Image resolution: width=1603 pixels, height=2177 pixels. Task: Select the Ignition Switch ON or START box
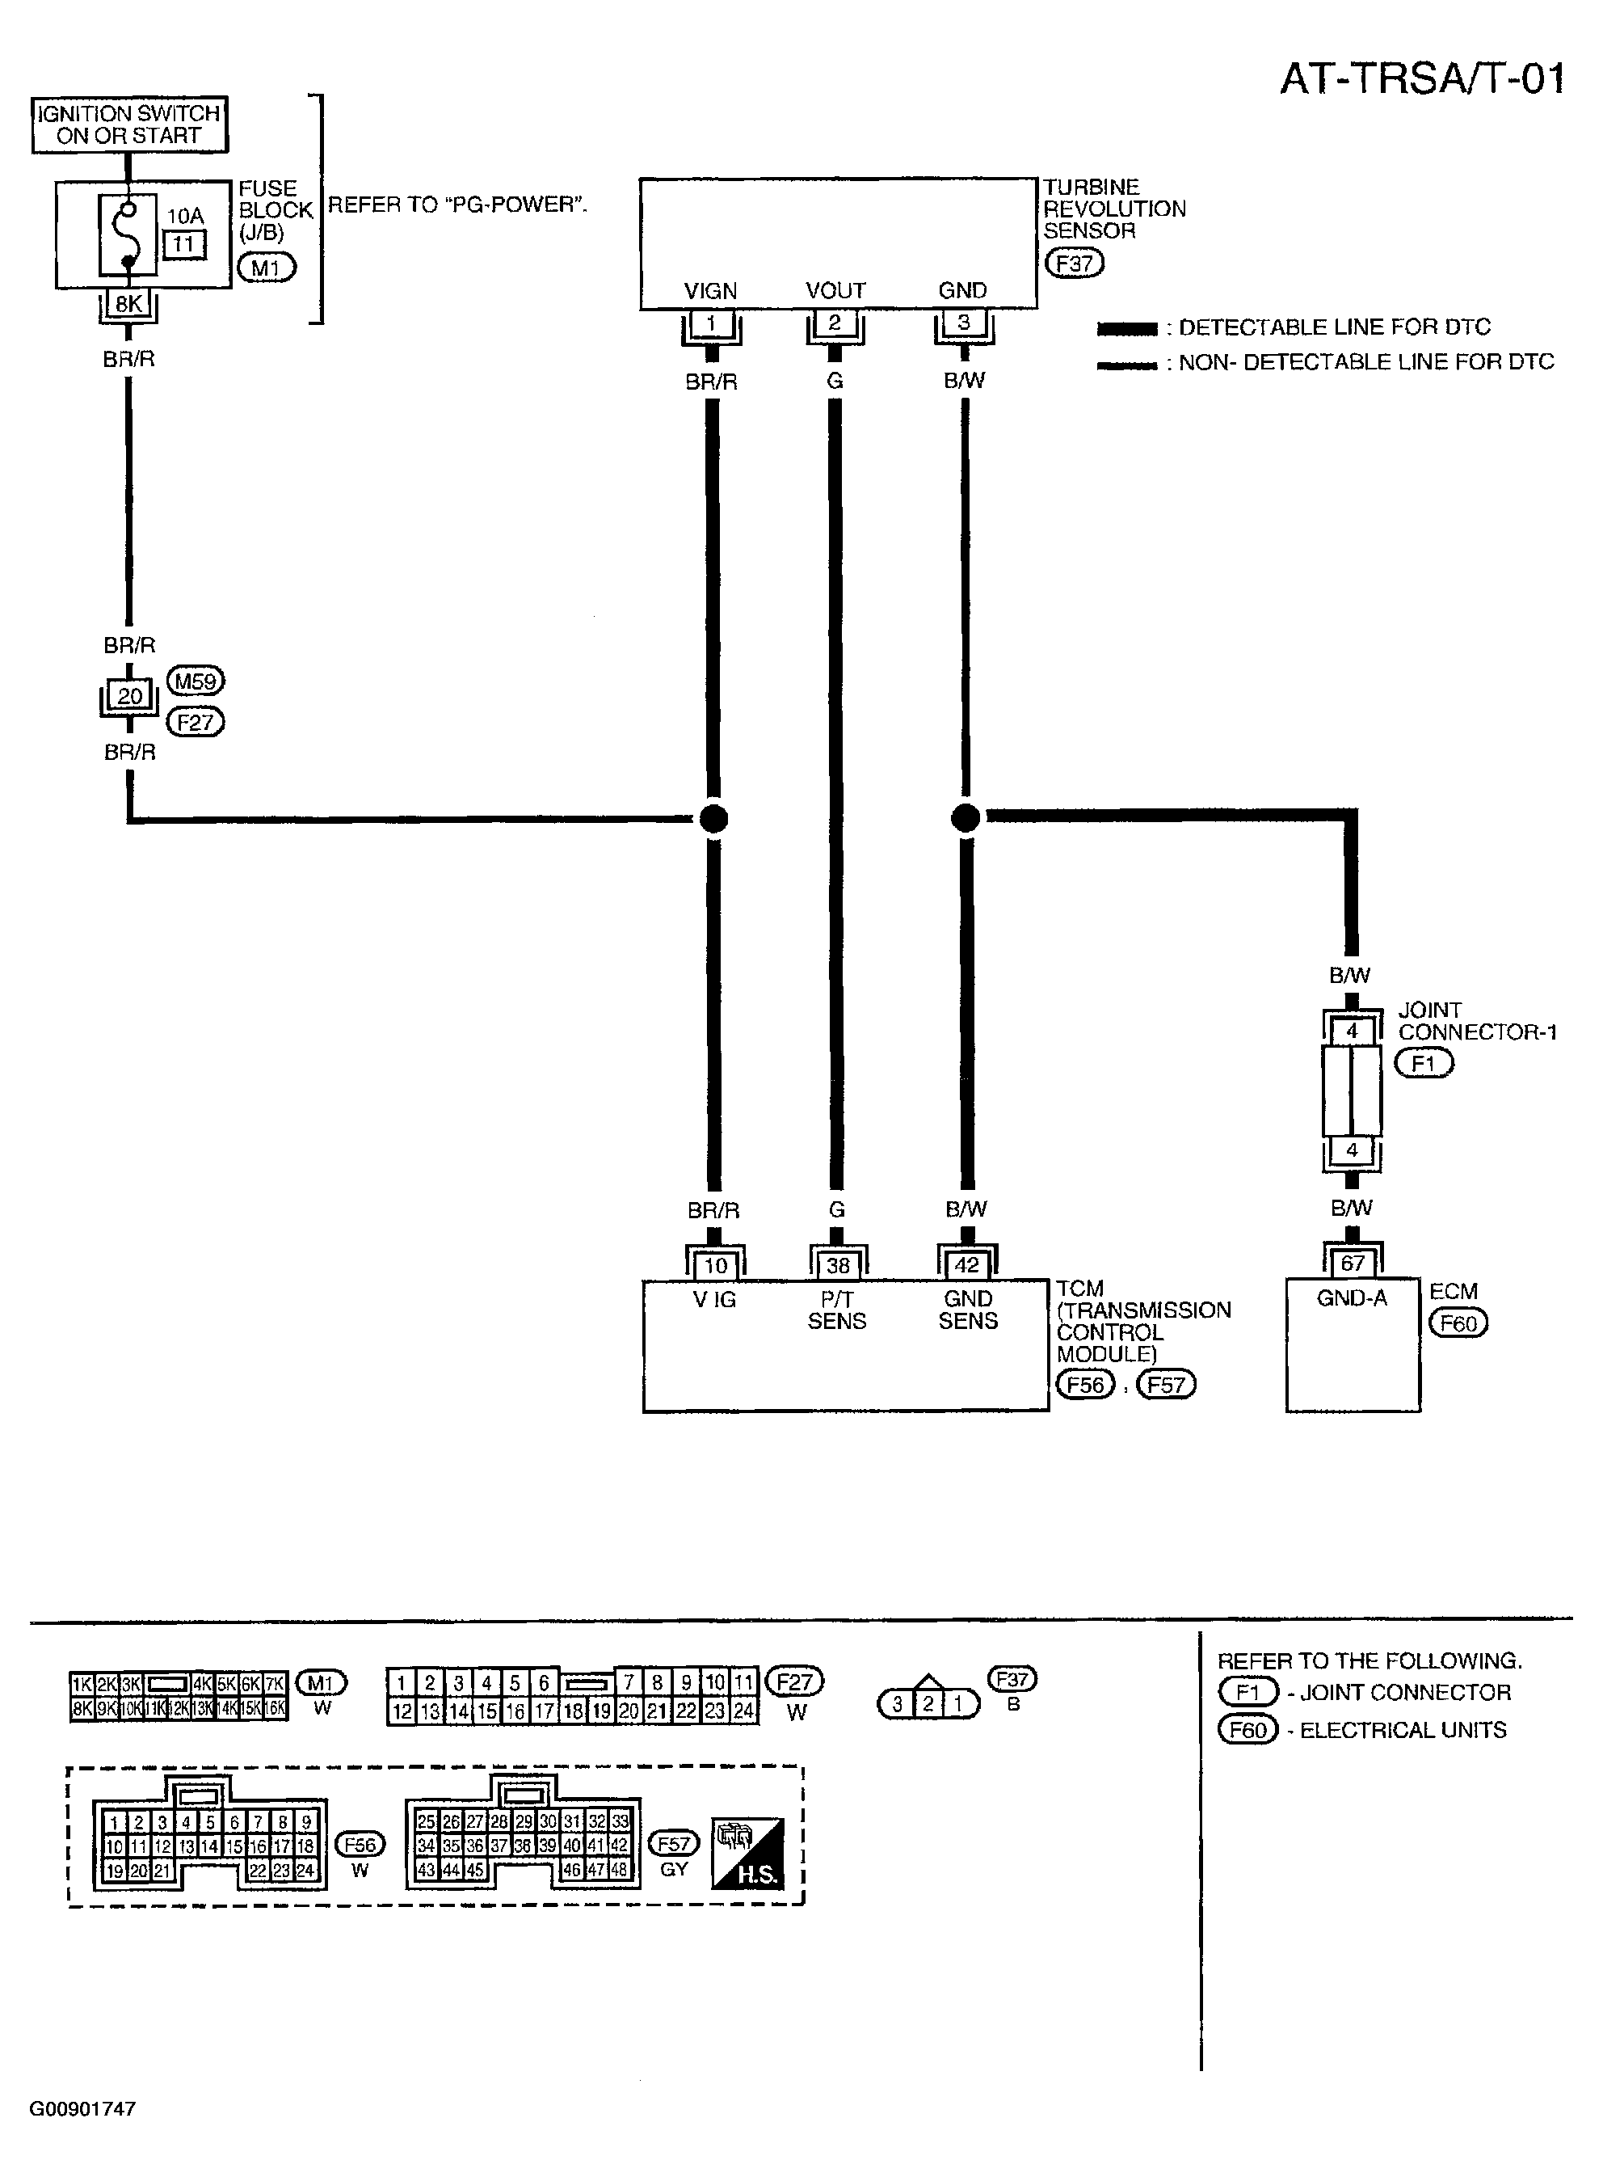(129, 125)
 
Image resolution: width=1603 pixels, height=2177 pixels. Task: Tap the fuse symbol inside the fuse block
(127, 235)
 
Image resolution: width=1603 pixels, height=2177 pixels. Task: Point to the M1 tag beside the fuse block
(267, 267)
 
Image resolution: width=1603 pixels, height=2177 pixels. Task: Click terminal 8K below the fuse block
(128, 304)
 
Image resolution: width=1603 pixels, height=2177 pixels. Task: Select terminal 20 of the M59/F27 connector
(129, 695)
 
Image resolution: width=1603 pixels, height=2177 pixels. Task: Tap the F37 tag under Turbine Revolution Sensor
(1074, 263)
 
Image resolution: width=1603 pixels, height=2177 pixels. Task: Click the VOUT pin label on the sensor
(835, 290)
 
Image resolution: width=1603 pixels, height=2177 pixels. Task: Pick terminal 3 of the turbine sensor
(964, 323)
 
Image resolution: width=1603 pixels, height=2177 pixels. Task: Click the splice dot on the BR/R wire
(713, 818)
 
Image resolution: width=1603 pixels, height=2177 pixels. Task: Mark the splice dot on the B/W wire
(966, 818)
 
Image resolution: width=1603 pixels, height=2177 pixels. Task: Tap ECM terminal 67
(1353, 1263)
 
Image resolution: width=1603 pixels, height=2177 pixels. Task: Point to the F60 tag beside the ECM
(1458, 1323)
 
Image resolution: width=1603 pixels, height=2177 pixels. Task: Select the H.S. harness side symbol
(747, 1854)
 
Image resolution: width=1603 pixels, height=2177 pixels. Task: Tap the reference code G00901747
(82, 2108)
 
